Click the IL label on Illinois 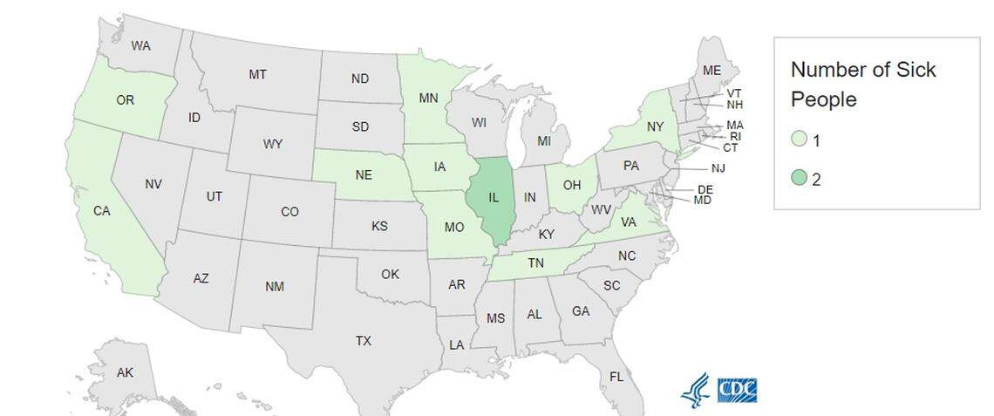pos(494,198)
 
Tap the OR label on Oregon pos(125,100)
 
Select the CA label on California pos(102,210)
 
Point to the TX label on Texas pos(363,341)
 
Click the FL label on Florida pos(616,377)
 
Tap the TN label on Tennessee pos(535,263)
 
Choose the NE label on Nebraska pos(363,175)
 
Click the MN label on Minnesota pos(428,98)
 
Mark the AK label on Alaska pos(125,372)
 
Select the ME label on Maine pos(711,71)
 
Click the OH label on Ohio pos(572,185)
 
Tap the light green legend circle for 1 pos(799,140)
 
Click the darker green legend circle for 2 pos(799,180)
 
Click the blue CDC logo pos(737,390)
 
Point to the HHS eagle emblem pos(695,390)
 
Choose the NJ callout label pos(718,168)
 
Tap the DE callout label pos(705,189)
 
